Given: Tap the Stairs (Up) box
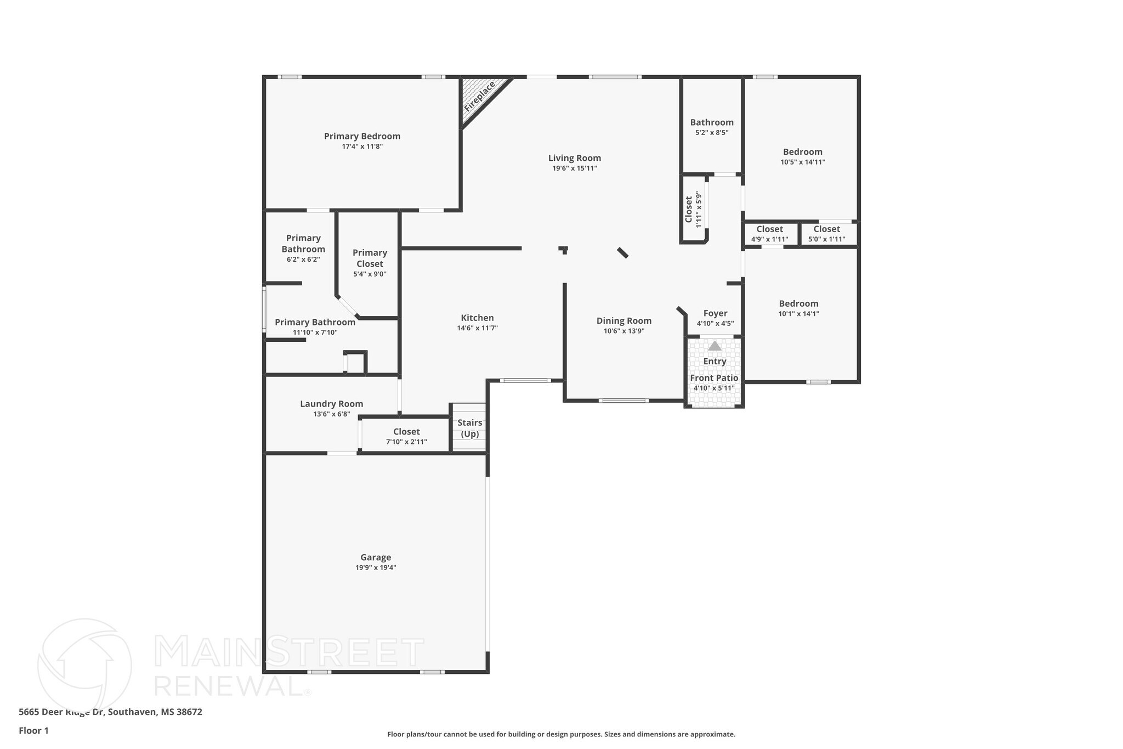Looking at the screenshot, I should click(x=469, y=428).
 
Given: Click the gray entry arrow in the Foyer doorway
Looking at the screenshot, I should click(x=714, y=346).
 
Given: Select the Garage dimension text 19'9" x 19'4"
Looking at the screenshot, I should click(x=376, y=568).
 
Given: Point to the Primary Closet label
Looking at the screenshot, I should click(x=370, y=258).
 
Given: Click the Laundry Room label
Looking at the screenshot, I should click(x=331, y=404).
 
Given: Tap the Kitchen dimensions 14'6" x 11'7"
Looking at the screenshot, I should click(x=477, y=328).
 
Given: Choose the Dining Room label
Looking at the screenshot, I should click(x=624, y=321).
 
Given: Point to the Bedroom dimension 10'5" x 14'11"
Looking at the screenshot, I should click(x=803, y=162).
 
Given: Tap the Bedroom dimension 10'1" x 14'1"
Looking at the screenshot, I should click(x=798, y=314).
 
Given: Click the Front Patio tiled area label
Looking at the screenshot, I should click(x=714, y=378).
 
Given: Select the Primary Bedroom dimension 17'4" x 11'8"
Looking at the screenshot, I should click(x=362, y=147).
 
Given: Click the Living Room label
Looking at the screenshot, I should click(x=575, y=158).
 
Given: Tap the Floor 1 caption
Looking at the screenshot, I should click(x=34, y=730).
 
